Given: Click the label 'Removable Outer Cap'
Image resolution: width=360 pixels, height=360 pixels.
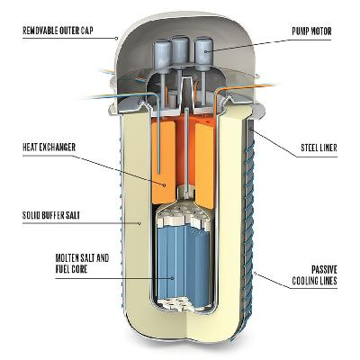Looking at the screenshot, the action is (x=58, y=31).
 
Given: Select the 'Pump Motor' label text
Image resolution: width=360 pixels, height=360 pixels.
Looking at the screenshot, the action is (x=311, y=31).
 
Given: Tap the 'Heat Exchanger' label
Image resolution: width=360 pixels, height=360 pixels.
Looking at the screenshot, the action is (x=49, y=148).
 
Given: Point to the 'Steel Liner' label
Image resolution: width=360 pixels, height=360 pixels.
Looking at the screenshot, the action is (x=319, y=148).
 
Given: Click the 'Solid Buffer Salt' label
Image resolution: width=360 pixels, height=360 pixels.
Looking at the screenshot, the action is (x=51, y=215).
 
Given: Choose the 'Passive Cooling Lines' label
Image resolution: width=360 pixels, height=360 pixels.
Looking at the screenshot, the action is (x=315, y=275).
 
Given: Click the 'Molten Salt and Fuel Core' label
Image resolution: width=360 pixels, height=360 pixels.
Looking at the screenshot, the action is (x=82, y=264).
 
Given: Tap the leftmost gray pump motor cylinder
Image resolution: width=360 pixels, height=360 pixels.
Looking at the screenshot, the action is (x=163, y=55).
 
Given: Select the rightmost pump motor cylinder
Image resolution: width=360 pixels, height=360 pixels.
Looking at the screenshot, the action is (x=203, y=51).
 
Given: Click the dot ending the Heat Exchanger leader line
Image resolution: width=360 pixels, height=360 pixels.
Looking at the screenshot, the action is (x=165, y=185).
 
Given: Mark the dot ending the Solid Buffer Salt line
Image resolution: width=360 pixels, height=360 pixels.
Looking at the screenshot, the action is (x=139, y=223).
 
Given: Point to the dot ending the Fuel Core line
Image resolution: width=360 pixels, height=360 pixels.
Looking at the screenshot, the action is (x=173, y=278).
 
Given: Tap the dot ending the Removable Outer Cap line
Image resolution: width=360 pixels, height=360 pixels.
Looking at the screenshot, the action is (x=117, y=38).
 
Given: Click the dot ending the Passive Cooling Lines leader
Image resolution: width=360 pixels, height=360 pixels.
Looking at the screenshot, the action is (x=255, y=273).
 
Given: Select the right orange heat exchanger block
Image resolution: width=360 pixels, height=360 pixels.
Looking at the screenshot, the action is (x=205, y=165).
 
